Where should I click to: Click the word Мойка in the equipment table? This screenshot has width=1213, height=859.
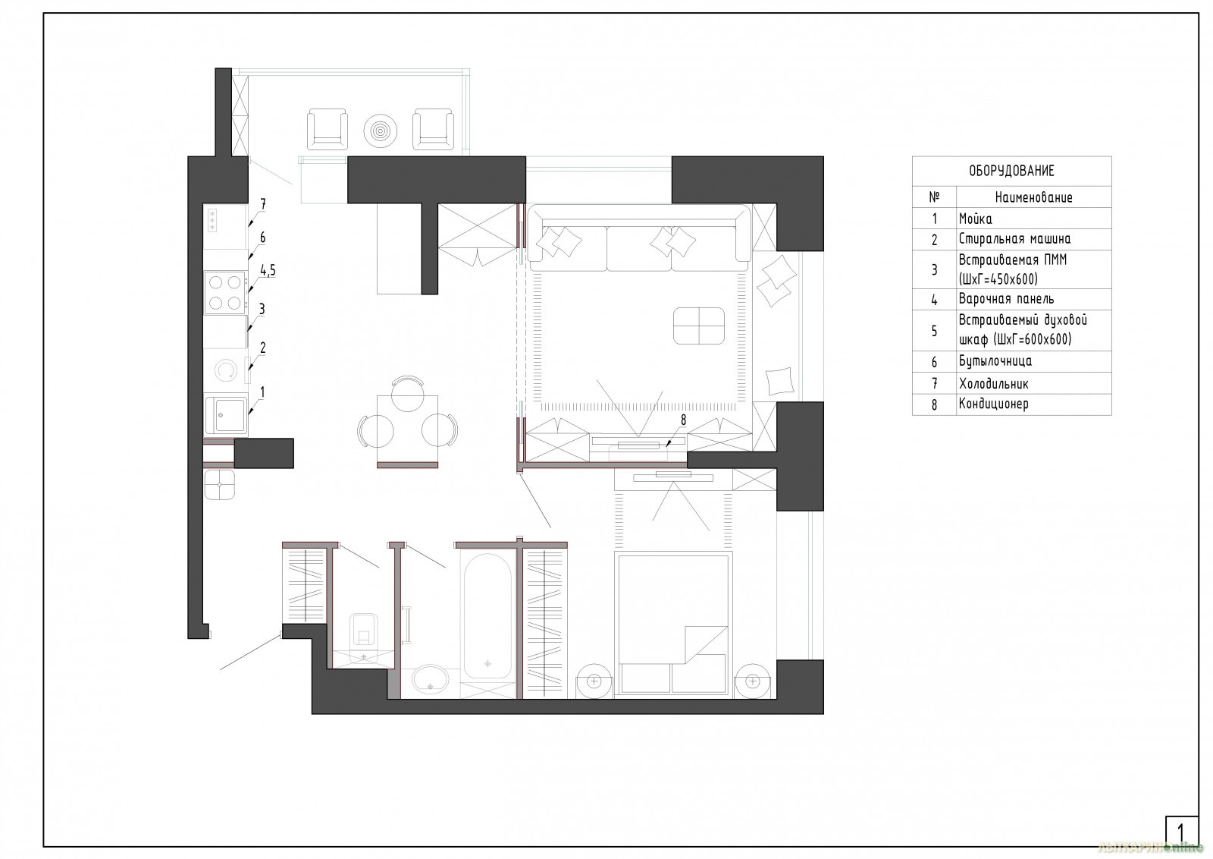coord(975,219)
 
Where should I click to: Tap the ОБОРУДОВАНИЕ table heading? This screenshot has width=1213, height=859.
coord(1011,171)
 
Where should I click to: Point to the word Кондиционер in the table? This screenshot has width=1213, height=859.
coord(994,404)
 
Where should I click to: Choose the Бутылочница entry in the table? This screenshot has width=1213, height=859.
coord(995,361)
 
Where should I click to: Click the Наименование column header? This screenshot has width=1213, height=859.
coord(1034,197)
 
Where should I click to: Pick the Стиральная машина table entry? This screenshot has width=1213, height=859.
coord(1015,239)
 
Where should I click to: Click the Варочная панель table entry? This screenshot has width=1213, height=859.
coord(1006,299)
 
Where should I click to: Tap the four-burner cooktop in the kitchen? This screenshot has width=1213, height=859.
coord(225,293)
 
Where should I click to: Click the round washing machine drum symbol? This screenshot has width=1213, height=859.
coord(225,370)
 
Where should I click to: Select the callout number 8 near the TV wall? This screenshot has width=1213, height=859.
coord(683,420)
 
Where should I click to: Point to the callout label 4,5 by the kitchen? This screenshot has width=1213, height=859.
coord(268,270)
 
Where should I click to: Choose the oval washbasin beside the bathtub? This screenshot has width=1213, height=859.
coord(431,680)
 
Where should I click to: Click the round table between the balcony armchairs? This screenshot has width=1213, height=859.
coord(380,131)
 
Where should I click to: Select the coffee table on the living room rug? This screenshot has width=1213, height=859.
coord(698,326)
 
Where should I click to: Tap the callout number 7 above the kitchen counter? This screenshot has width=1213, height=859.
coord(262,204)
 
